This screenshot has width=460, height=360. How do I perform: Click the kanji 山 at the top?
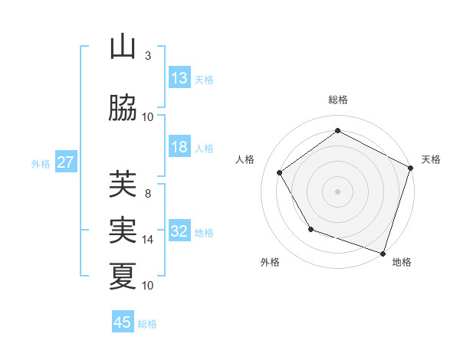(123, 47)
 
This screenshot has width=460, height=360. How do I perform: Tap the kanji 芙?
(123, 184)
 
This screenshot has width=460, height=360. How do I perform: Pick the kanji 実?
(123, 230)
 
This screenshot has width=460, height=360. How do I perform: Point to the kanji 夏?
(123, 275)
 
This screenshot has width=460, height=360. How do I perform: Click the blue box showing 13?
(179, 78)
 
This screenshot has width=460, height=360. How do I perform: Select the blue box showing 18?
(179, 147)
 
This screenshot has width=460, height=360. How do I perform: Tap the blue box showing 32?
(179, 232)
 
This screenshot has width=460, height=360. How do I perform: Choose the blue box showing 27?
(65, 162)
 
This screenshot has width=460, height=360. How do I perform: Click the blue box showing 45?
(123, 322)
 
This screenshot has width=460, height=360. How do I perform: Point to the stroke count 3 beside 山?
(148, 56)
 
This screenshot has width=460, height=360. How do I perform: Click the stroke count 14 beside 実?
(148, 240)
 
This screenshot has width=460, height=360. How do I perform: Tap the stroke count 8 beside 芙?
(148, 194)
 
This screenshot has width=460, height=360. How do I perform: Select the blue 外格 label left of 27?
(41, 163)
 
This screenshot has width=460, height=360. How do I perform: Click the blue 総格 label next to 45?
(147, 324)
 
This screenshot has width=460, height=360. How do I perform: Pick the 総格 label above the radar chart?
(338, 100)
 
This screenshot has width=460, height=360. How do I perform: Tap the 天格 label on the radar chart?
(431, 159)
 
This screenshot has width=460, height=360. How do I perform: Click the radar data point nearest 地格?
(383, 252)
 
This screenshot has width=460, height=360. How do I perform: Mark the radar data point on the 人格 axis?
(280, 172)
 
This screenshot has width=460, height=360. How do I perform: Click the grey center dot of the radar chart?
(338, 191)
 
